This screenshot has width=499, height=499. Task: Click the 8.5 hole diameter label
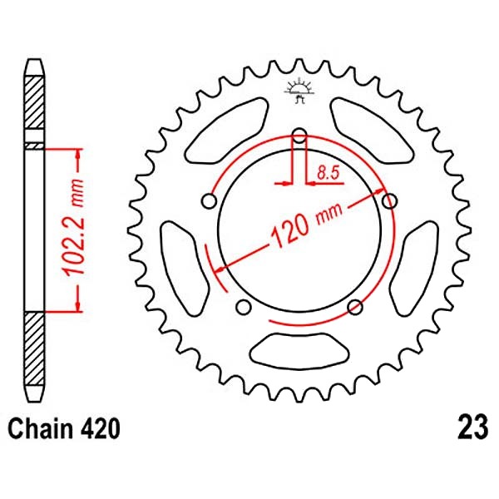329,174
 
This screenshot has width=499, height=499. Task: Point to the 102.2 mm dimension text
73,227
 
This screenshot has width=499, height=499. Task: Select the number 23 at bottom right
472,427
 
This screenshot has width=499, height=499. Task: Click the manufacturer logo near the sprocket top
299,90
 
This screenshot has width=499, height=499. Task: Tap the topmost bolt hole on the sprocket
299,136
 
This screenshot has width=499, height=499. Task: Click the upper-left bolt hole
210,201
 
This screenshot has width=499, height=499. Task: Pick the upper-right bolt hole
389,200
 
